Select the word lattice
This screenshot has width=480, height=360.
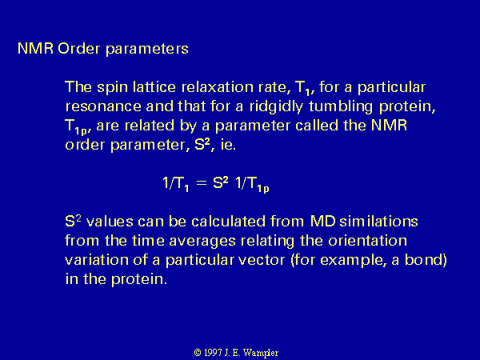tap(154, 87)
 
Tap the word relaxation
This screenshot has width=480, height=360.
tap(218, 87)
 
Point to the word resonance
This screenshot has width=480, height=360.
tap(103, 106)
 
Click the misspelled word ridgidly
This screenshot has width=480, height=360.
tap(276, 106)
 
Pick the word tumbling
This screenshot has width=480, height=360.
tap(341, 106)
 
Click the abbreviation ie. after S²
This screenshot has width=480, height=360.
tap(228, 145)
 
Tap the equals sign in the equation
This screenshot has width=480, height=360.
tap(202, 183)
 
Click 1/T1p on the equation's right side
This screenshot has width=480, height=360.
tap(252, 184)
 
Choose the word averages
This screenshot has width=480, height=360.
tap(202, 241)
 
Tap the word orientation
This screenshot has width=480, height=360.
tap(367, 240)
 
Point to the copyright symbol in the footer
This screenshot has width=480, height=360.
tap(198, 353)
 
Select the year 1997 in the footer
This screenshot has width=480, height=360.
tap(213, 353)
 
